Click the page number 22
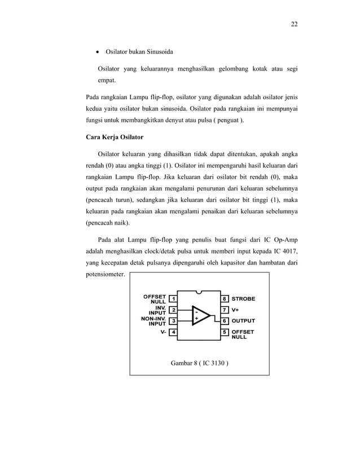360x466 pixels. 294,24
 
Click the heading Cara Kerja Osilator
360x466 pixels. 113,137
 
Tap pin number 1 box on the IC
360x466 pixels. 174,298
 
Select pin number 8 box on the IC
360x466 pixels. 224,298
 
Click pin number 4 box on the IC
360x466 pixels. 174,332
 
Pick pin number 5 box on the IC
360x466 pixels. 224,332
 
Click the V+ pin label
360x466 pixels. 236,310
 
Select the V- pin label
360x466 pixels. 163,332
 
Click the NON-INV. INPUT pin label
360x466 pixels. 153,321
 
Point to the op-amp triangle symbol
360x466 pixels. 200,315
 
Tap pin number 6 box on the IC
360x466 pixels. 224,321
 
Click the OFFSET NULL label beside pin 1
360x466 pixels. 155,298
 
